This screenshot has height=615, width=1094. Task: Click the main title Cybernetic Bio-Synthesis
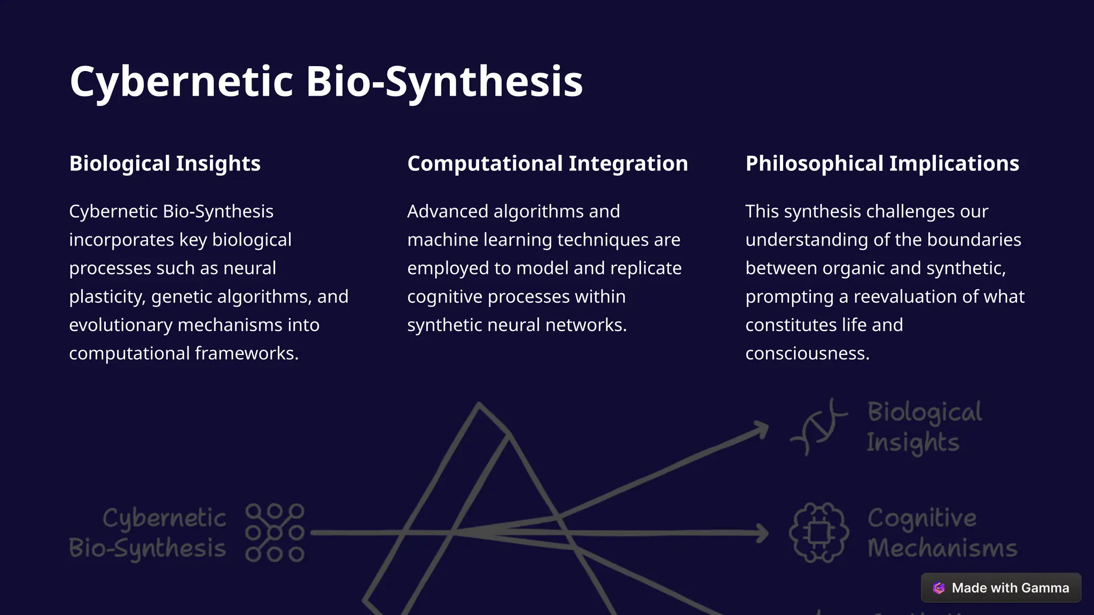coord(326,81)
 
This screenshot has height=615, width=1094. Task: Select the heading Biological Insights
coord(165,163)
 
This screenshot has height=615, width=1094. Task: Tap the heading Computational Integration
coord(548,163)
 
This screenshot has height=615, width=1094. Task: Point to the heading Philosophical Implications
coord(882,163)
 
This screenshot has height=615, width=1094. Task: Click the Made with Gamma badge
coord(1001,588)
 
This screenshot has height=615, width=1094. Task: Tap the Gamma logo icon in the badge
coord(939,588)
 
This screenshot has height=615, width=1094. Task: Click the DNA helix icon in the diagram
coord(818,427)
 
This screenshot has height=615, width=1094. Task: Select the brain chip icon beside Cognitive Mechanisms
coord(818,532)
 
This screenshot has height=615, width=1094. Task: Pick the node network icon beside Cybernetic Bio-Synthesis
coord(275,532)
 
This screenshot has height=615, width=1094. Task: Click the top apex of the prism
coord(479,405)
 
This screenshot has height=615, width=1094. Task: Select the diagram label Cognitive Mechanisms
coord(942,533)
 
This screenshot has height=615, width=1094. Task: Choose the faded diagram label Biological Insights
coord(924,427)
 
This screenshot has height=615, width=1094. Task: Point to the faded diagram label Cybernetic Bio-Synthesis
coord(148,533)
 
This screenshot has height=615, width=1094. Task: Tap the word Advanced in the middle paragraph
coord(447,211)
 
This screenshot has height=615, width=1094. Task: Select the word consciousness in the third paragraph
coord(807,353)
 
